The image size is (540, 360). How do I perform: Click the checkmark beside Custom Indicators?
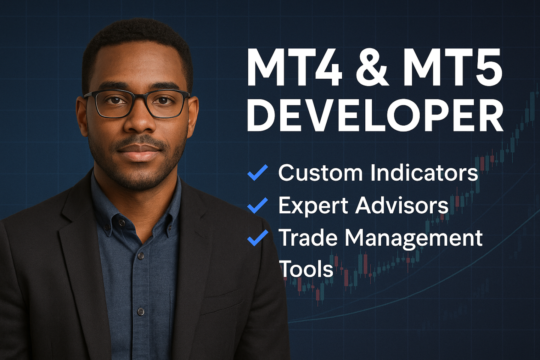point(258,172)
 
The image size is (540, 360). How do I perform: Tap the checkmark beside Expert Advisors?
point(258,205)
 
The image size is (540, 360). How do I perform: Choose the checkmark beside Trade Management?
point(258,238)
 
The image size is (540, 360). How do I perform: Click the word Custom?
point(320,172)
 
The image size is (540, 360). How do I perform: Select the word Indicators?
point(424,172)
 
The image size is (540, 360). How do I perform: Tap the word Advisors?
point(401,205)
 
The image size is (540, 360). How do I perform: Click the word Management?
point(414,238)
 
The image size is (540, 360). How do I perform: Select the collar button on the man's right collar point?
point(122,222)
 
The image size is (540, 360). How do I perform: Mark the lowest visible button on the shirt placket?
point(141,312)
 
